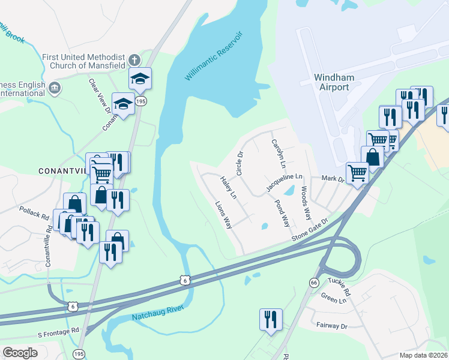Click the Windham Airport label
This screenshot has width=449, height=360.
pos(331,83)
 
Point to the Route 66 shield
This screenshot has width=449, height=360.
pos(314,282)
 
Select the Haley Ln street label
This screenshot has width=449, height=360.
pos(229,187)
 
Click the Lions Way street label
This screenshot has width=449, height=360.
pos(224,215)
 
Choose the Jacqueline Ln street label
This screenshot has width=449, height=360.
pos(285,184)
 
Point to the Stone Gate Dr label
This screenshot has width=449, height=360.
pos(311,230)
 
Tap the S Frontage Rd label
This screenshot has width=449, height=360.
pos(58,331)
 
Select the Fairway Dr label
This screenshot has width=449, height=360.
pos(332,325)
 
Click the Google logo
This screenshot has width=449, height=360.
pos(20,352)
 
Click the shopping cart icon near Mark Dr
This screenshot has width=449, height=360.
pos(358,172)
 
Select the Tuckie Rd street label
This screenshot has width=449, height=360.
pos(339,287)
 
